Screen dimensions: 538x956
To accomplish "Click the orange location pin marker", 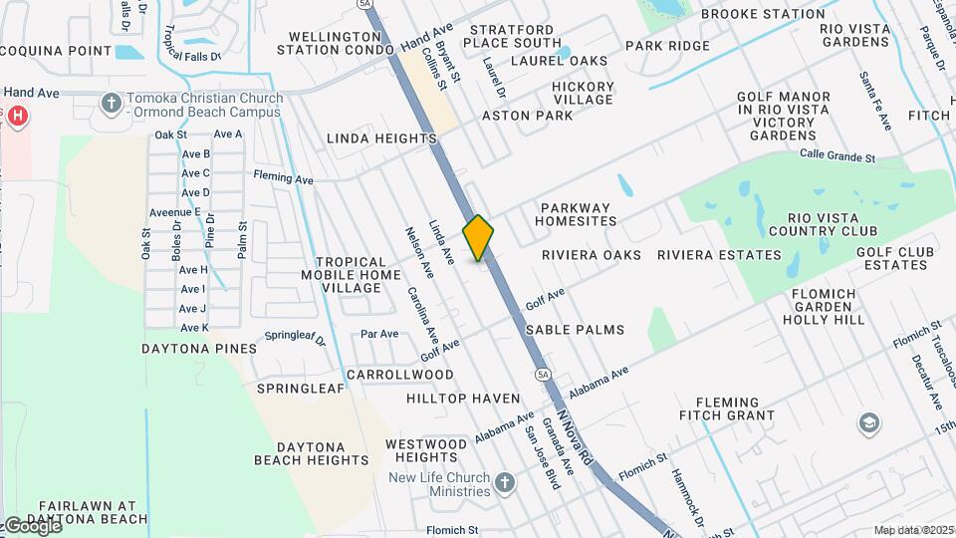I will (479, 237).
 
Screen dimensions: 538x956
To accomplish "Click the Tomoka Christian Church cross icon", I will (111, 104).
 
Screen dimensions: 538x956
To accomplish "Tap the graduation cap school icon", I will (868, 423).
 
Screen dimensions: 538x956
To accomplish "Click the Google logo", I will (32, 526).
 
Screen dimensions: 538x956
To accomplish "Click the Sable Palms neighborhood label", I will (575, 330).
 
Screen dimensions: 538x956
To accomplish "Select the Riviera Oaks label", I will (592, 255).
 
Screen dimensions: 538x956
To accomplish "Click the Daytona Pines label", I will (199, 349).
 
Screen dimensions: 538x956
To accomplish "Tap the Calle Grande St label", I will (837, 155).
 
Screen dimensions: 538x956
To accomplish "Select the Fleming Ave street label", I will (284, 178).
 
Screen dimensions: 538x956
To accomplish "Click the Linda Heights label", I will (381, 137).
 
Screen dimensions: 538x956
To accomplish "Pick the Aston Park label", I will (527, 116).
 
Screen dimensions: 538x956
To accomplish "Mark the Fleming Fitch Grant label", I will (727, 407).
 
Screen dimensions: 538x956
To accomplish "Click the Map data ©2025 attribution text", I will (912, 530).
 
